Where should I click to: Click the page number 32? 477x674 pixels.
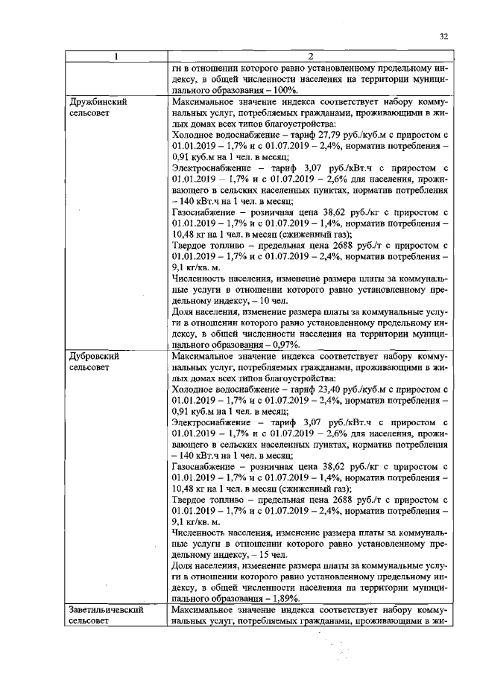pyautogui.click(x=444, y=36)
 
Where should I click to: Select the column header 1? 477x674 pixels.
pyautogui.click(x=116, y=55)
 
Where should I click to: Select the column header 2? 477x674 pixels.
pyautogui.click(x=309, y=55)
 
